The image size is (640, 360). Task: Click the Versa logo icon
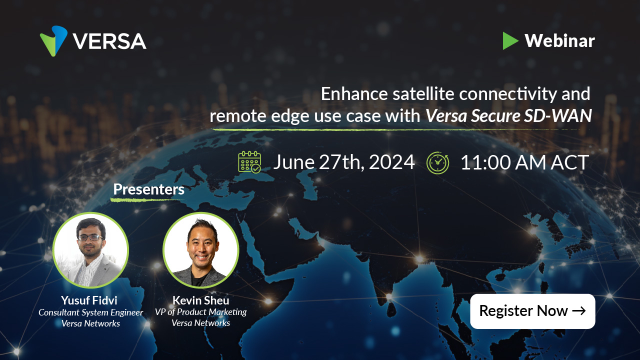point(54,42)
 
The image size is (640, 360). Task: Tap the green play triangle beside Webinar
point(510,41)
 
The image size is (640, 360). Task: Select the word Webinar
point(560,41)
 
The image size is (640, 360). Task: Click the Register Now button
point(533,311)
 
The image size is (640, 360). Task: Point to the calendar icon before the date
point(251,162)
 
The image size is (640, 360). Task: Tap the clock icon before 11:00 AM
point(438,162)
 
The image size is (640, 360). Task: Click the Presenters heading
point(148,188)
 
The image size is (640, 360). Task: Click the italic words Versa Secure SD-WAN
point(508,116)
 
